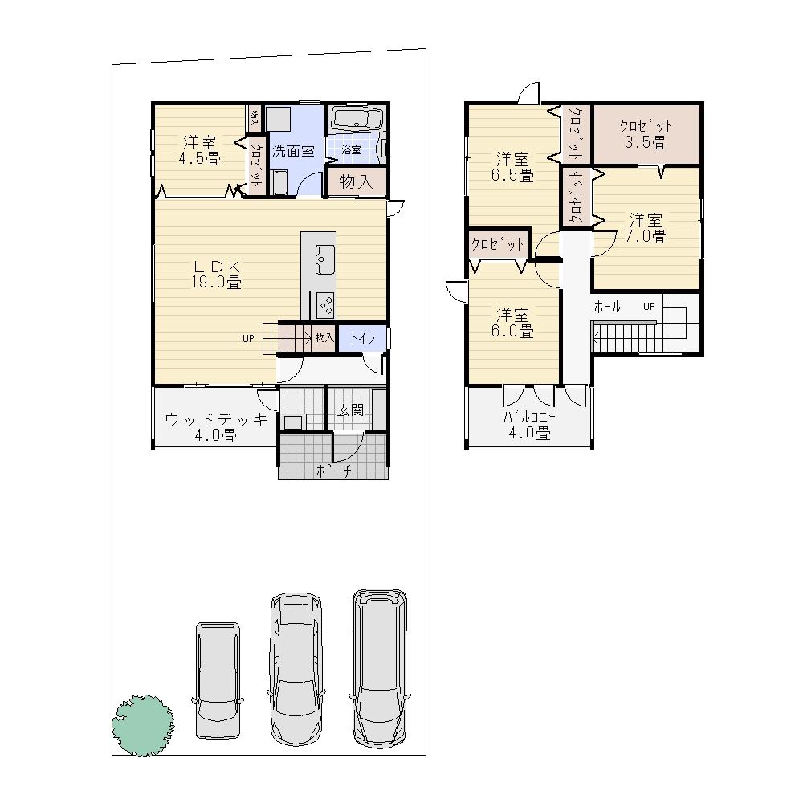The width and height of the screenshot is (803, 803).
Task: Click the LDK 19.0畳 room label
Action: click(216, 274)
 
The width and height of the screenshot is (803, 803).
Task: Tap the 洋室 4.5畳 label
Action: click(199, 150)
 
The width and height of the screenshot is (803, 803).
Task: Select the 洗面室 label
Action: click(291, 150)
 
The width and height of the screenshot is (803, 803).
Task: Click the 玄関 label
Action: click(349, 410)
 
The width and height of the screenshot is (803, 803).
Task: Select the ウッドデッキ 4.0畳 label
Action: click(215, 427)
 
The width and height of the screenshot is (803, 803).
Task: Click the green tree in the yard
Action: click(142, 724)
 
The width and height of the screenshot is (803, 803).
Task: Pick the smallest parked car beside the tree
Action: click(218, 679)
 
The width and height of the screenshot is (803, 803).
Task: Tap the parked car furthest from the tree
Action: click(379, 668)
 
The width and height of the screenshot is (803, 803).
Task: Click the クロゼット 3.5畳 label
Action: click(646, 134)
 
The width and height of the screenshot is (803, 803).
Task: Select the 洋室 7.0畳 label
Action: click(646, 228)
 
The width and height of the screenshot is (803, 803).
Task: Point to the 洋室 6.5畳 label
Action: click(512, 166)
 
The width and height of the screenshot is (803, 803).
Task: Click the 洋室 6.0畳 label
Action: click(512, 322)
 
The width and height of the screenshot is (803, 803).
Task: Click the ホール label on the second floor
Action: click(607, 307)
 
